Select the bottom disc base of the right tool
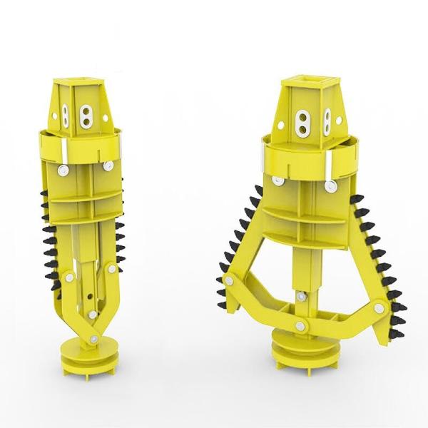(x=305, y=351)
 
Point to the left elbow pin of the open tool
(x=230, y=282)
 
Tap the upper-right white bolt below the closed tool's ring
(x=108, y=165)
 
